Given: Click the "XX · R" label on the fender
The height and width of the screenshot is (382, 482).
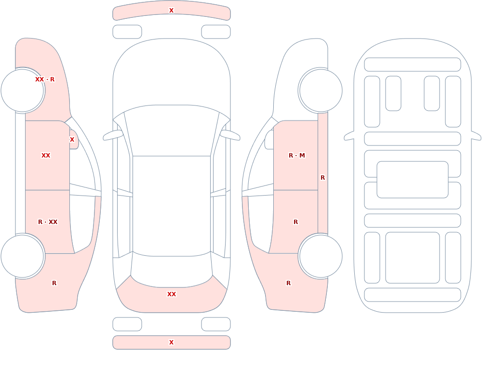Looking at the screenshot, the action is coord(45,79).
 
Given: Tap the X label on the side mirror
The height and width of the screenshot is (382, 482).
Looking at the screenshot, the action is coord(72,140).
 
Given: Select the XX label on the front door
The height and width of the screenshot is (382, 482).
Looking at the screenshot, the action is coord(46,156).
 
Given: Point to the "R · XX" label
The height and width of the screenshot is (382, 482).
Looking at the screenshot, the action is coord(48,222).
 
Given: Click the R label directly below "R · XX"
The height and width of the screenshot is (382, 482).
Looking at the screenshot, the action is coord(54,283).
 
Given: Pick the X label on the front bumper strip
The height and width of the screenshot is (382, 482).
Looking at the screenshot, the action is coord(172,11).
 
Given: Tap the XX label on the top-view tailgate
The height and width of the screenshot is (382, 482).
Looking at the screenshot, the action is coord(172,294).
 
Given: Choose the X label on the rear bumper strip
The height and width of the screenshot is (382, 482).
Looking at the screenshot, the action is coord(172,342).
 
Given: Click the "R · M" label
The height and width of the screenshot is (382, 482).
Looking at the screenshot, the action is coord(297,156).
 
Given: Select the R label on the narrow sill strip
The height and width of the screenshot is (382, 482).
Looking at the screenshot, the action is coord(323,178).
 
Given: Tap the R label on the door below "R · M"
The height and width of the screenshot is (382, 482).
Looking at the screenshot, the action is coord(296,222).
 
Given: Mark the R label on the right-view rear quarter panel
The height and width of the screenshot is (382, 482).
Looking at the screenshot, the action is coord(288,283).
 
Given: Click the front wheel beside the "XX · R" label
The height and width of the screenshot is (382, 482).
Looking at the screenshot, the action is coord(23,91).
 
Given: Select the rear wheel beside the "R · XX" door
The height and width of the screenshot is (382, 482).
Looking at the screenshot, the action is coord(23,256).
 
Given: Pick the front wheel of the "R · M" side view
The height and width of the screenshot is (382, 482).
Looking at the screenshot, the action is coord(321,91).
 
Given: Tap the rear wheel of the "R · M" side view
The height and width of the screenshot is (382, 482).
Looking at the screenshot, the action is coord(321,256).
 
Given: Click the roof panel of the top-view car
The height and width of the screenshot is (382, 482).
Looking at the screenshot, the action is coord(172,206).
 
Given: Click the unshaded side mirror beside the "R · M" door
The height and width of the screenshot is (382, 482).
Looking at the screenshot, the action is coord(269,140).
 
